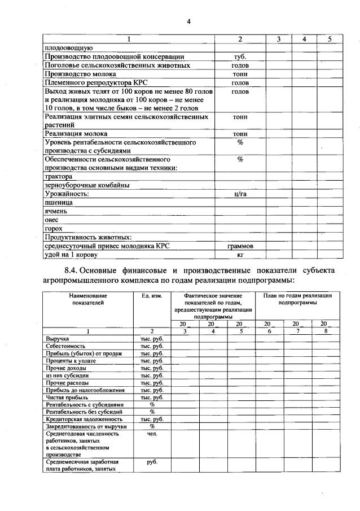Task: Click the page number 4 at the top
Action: [x=189, y=21]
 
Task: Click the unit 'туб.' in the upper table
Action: [x=240, y=57]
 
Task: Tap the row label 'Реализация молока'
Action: [x=73, y=134]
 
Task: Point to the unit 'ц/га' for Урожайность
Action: [x=240, y=194]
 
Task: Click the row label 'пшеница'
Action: [x=58, y=202]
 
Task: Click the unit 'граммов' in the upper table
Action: [x=240, y=246]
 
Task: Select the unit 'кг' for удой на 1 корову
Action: [x=240, y=255]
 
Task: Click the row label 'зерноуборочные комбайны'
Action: [x=87, y=185]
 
